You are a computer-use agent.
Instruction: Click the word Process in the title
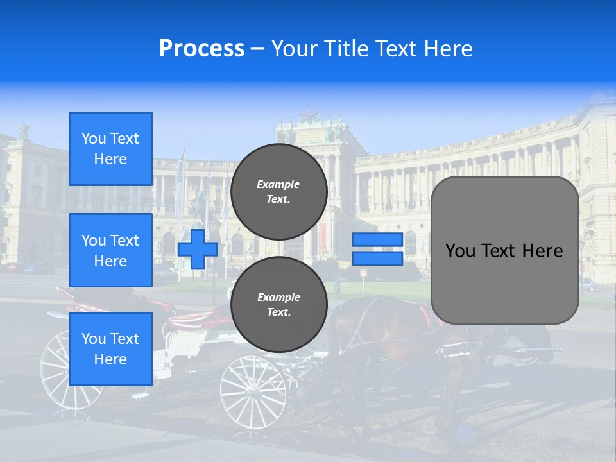click(201, 49)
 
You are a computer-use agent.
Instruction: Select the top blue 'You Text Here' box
click(110, 149)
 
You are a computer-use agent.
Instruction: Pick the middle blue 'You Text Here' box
click(110, 250)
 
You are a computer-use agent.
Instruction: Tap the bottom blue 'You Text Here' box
click(110, 348)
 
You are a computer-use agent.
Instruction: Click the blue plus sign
click(198, 249)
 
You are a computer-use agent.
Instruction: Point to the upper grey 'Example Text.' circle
click(278, 192)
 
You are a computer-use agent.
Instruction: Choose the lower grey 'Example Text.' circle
click(278, 305)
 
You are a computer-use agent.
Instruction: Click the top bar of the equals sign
click(377, 240)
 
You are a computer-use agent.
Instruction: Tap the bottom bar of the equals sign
click(377, 258)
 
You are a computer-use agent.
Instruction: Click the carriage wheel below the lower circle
click(253, 391)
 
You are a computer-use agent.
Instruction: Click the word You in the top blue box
click(92, 139)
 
